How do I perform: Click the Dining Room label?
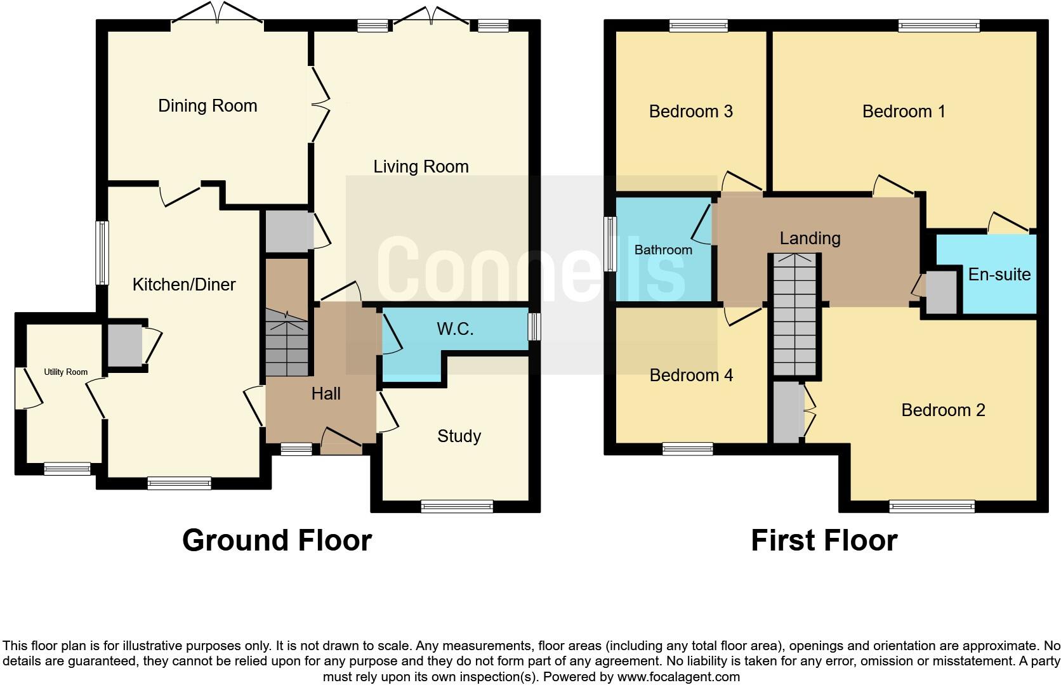[208, 105]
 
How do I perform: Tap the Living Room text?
[421, 167]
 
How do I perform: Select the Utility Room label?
[65, 372]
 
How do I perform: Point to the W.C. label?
[455, 329]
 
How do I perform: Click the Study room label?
[459, 436]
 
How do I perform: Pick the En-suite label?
[999, 275]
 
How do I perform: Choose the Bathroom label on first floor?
[663, 250]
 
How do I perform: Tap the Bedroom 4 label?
[691, 375]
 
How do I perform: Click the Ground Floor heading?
[277, 540]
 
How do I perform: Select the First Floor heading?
[824, 540]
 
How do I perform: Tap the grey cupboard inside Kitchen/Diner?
[124, 345]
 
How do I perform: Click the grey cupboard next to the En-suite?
[941, 292]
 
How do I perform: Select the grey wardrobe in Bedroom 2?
[788, 412]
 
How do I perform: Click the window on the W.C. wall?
[534, 327]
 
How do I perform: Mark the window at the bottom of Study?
[457, 506]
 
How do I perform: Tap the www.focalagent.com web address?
[678, 677]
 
